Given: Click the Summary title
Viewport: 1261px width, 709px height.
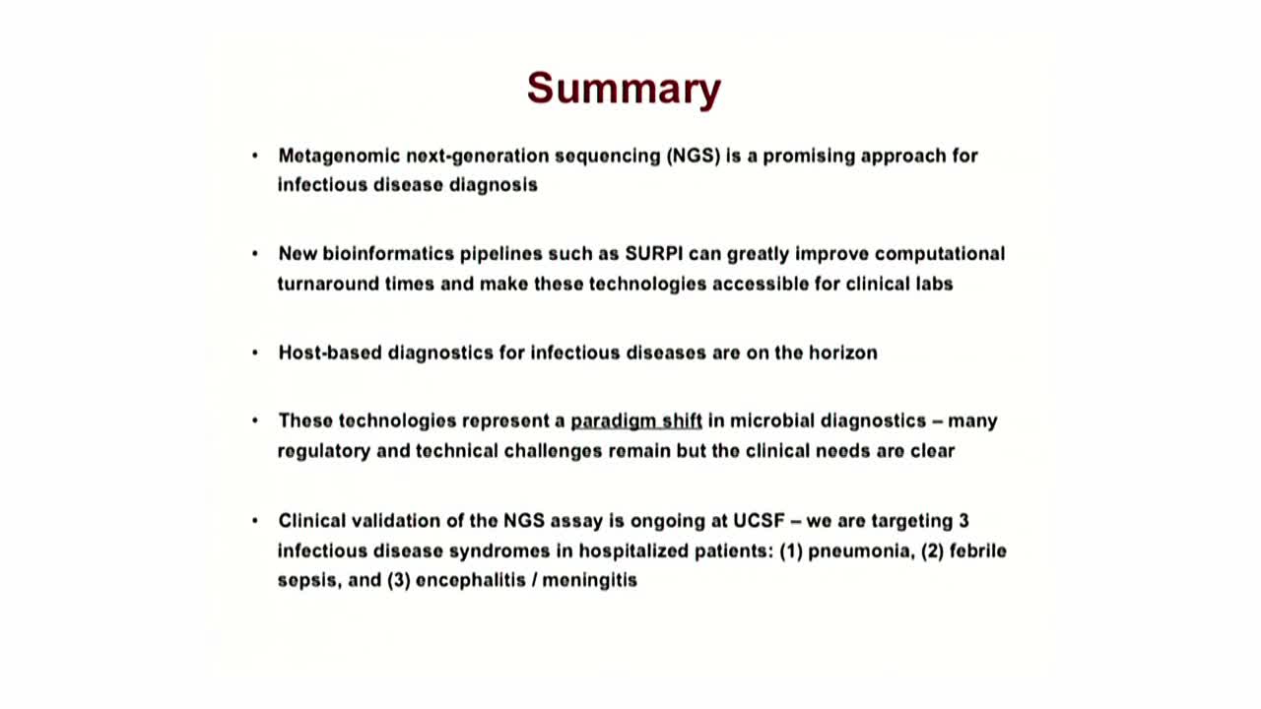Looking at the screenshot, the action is tap(624, 89).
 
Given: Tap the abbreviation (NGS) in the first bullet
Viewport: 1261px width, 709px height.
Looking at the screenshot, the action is tap(694, 156).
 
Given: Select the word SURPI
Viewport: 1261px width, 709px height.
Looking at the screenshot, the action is tap(654, 254).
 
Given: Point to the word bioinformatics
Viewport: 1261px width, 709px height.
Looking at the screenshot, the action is tap(388, 254).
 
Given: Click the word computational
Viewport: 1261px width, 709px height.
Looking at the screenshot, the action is tap(940, 254).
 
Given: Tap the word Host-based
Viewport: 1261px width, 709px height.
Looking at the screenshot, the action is tap(330, 353).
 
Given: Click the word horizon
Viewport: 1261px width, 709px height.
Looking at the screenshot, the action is tap(842, 353).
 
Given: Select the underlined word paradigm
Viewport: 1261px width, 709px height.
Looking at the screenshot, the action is tap(613, 421).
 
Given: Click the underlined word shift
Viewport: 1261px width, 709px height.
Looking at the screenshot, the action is tap(682, 420).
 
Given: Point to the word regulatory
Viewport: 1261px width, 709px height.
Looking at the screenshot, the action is tap(324, 451).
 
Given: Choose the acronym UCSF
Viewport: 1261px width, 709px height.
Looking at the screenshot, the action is tap(759, 521).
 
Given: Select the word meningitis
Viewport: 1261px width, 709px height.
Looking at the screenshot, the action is tap(589, 581).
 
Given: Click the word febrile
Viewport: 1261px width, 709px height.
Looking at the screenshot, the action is tap(978, 550).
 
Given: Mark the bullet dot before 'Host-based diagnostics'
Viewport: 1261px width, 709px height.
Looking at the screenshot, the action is tap(255, 353).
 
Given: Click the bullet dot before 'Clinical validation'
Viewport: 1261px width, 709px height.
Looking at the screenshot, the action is tap(255, 521).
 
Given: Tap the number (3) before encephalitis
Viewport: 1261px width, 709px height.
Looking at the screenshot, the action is tap(398, 580).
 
